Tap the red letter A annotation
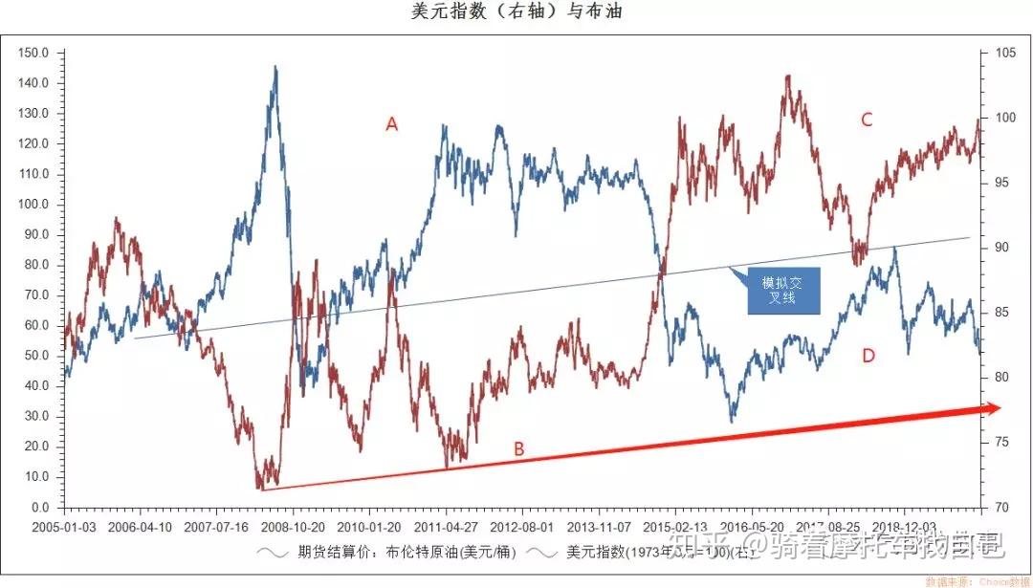pos(391,124)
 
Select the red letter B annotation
pos(518,448)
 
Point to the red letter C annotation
pos(867,120)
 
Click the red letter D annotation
pos(868,357)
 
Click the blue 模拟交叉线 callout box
pos(783,291)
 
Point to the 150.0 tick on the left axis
pos(34,54)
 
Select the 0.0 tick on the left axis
pos(40,508)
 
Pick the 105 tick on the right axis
pos(1005,54)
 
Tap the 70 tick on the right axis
pos(1001,508)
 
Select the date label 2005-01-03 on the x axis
pos(64,527)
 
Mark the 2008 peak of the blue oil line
pos(275,67)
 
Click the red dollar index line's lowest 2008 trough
pos(260,488)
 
